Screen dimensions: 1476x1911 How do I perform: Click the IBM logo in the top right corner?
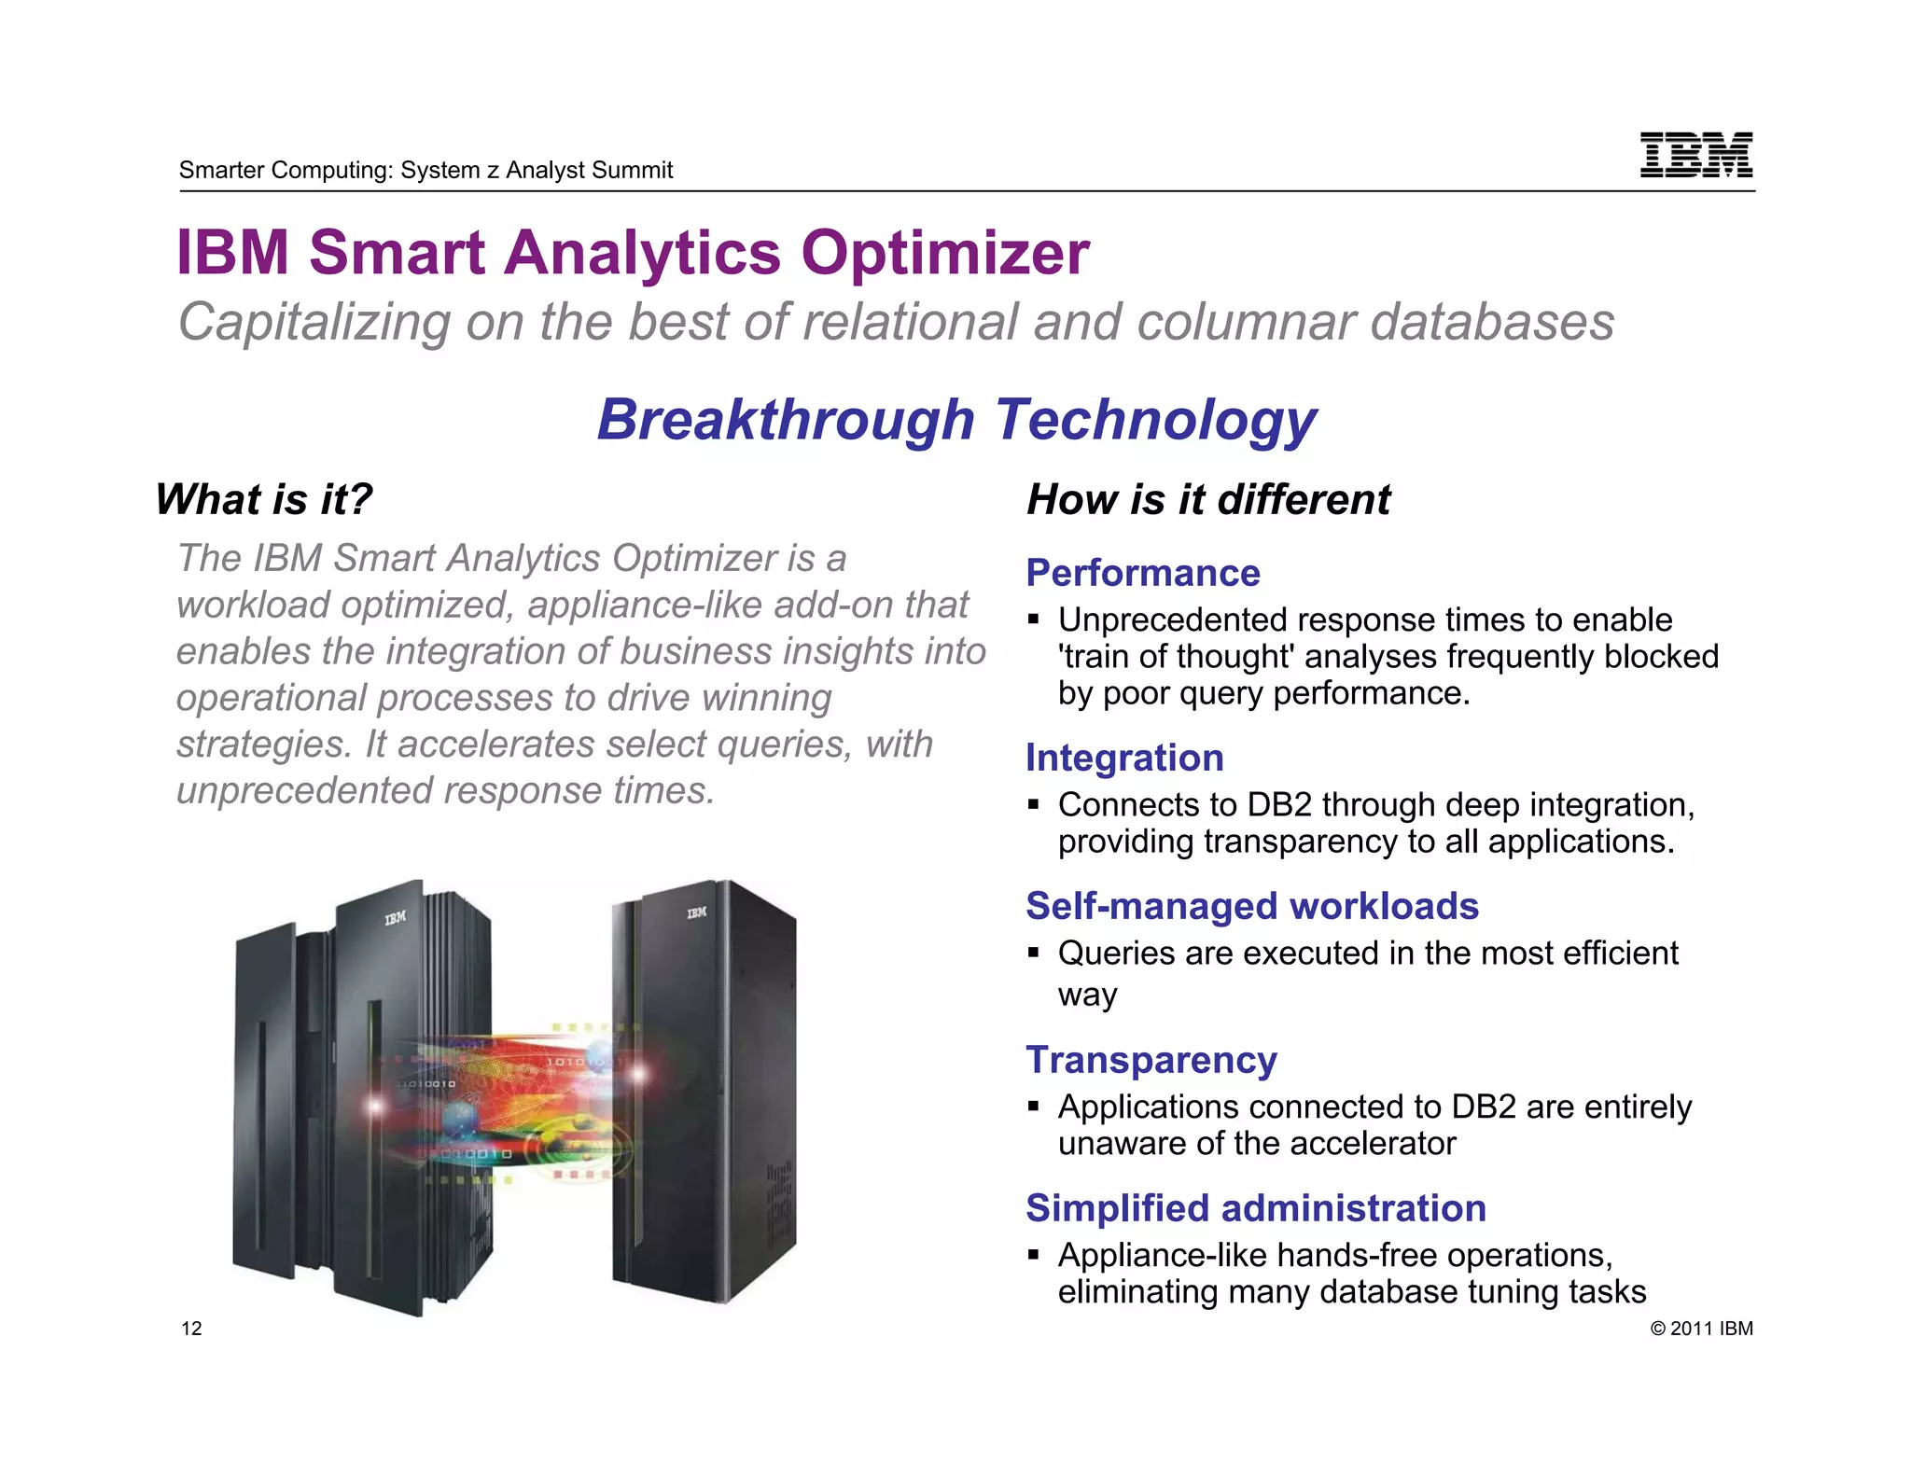click(1695, 155)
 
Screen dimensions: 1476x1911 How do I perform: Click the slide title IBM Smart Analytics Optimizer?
click(633, 253)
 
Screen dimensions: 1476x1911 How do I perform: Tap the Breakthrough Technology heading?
click(956, 420)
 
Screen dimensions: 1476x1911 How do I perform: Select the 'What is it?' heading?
click(264, 499)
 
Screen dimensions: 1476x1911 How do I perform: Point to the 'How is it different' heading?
click(1208, 499)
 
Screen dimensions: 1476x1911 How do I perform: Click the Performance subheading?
click(1143, 573)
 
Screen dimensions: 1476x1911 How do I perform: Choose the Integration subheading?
click(1124, 758)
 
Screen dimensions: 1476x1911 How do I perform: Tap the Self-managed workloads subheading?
click(1252, 906)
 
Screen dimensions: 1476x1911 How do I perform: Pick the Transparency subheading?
click(1151, 1060)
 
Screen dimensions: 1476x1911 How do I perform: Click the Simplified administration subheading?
click(1256, 1208)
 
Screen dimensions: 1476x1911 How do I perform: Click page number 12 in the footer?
click(191, 1329)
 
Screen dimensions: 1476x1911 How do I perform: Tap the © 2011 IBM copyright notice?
click(1701, 1329)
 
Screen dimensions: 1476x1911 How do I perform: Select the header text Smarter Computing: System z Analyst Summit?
click(425, 170)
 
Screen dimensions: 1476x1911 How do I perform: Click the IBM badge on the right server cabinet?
click(697, 912)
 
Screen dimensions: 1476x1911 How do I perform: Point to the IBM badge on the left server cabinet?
click(396, 918)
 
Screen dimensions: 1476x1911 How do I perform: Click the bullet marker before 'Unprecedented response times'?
click(1033, 620)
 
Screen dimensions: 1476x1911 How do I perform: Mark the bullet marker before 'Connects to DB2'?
click(1033, 804)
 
